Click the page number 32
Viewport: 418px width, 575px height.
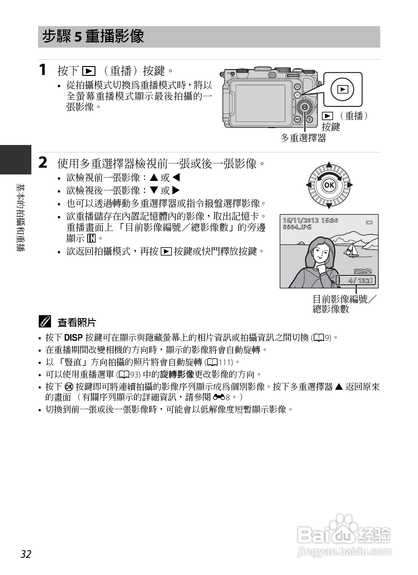(x=26, y=554)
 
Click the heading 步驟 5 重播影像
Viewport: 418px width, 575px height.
(x=93, y=37)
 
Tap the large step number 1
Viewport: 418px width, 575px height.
(x=43, y=69)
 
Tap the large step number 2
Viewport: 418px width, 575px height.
(x=43, y=162)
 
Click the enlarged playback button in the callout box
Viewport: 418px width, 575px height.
(x=342, y=89)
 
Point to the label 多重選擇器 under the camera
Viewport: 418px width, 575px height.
(x=303, y=138)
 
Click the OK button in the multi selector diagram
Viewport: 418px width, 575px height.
(x=329, y=185)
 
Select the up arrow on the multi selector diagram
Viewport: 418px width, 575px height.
(x=329, y=164)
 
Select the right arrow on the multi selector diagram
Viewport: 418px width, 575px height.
(x=350, y=185)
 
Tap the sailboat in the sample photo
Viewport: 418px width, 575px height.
(x=351, y=249)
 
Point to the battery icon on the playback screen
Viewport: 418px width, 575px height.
(x=369, y=222)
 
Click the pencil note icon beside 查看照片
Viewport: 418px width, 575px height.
(x=45, y=322)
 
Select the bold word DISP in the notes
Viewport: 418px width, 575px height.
(x=73, y=338)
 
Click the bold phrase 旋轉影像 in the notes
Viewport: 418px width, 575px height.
(x=177, y=374)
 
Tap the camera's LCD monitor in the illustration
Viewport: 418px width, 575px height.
(x=260, y=103)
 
